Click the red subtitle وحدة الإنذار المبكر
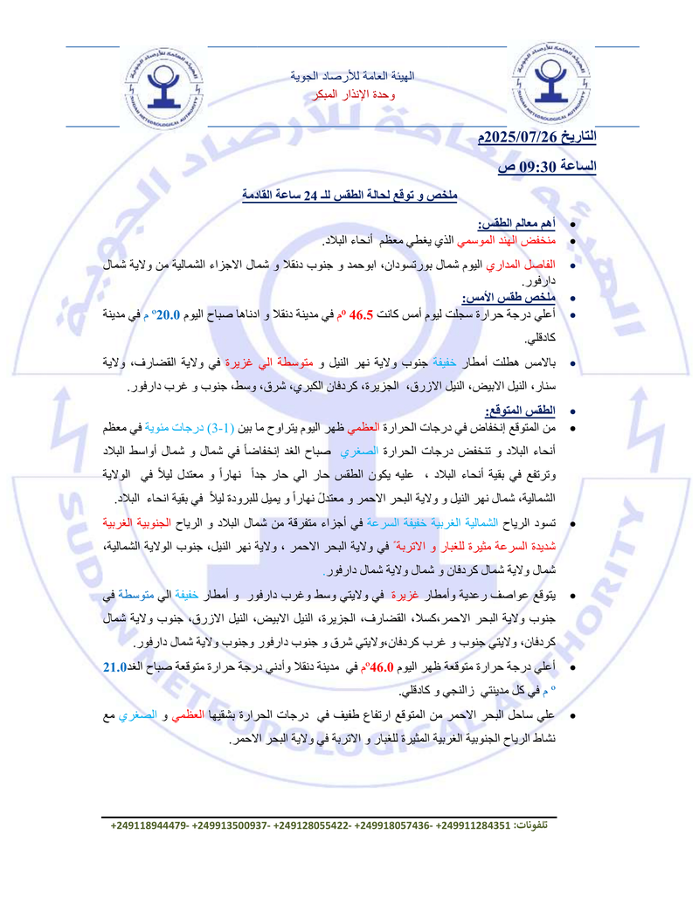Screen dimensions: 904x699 [352, 93]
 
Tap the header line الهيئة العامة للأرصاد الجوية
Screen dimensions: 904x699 [352, 77]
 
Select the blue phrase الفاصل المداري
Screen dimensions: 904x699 [526, 265]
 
